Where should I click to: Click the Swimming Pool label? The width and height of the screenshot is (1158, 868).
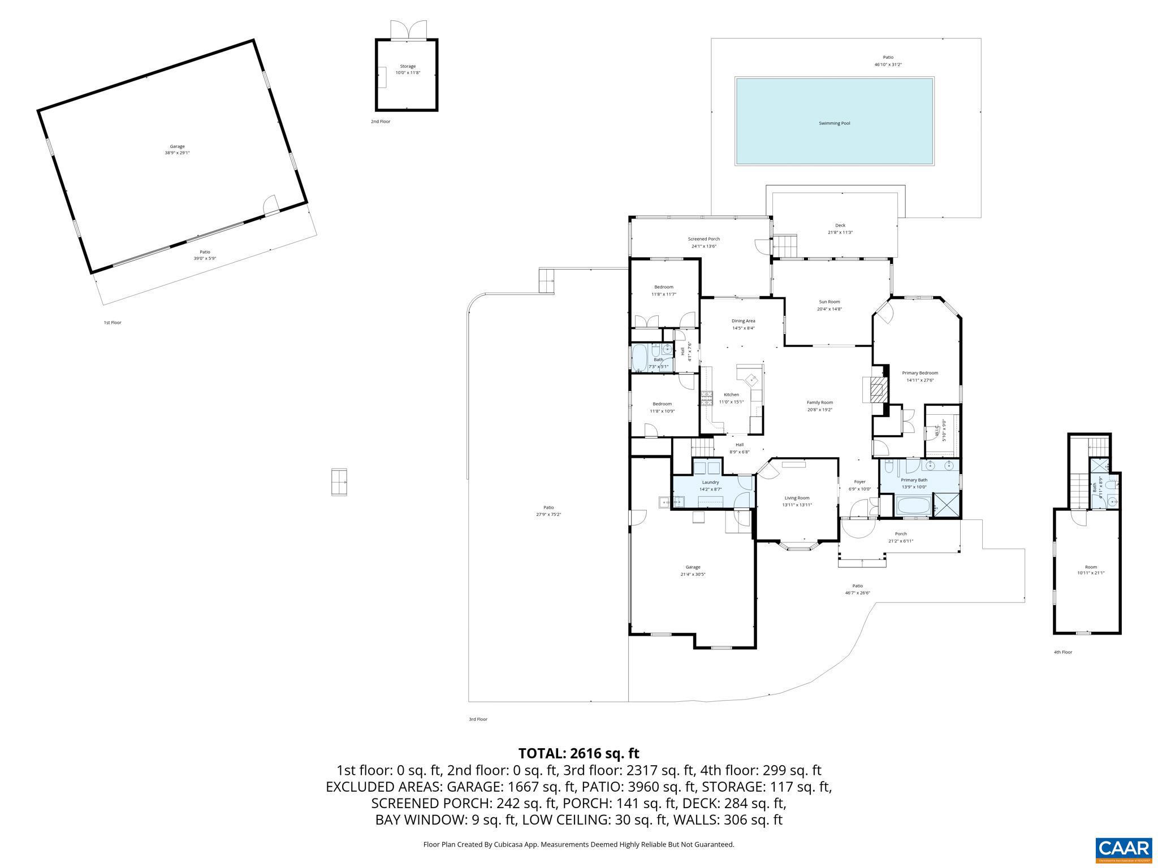(834, 123)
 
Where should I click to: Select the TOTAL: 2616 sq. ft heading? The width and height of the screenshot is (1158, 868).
(578, 753)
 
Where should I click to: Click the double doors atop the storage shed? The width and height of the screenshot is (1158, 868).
(408, 30)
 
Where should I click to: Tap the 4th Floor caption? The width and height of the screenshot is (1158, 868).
(1062, 652)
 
